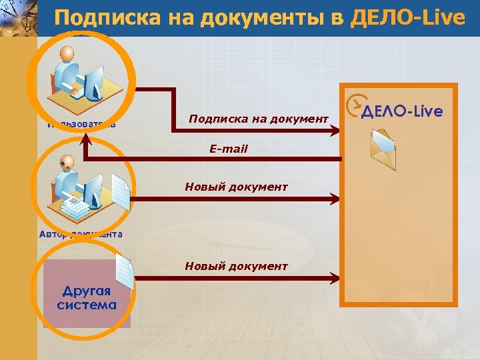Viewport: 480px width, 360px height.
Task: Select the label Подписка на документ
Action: [259, 118]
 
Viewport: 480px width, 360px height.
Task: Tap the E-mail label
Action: [228, 149]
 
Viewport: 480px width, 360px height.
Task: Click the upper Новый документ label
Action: [236, 187]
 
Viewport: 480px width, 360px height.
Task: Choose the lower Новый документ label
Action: [236, 266]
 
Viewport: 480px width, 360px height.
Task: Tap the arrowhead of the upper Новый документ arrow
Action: [337, 198]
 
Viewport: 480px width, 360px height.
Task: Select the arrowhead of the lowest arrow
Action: [337, 276]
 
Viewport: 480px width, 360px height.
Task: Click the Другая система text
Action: [87, 298]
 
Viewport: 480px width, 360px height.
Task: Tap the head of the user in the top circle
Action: [68, 54]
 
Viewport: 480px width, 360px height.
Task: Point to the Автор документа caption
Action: [80, 233]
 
